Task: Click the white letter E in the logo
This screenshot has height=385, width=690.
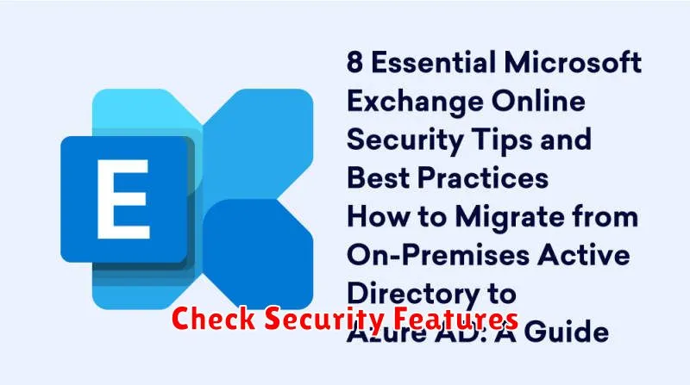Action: (x=122, y=199)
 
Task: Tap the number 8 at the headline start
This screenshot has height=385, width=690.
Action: (x=354, y=62)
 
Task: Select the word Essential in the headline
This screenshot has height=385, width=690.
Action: (x=433, y=62)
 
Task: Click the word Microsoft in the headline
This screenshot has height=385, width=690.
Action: (x=572, y=62)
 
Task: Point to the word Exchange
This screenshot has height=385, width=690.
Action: (x=415, y=102)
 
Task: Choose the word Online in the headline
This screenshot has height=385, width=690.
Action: (x=538, y=101)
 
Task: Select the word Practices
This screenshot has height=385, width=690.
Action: (x=482, y=178)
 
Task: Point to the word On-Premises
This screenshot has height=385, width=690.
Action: (x=438, y=255)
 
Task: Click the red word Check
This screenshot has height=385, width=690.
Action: (x=213, y=318)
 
